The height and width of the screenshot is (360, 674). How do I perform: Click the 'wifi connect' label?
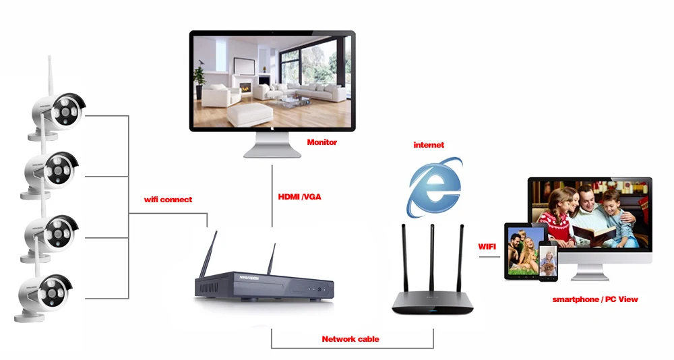[168, 200]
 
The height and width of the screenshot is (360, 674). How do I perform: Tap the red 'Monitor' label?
[321, 142]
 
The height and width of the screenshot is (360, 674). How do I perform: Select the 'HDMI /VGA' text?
[301, 197]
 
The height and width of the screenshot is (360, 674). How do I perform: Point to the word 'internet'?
[429, 145]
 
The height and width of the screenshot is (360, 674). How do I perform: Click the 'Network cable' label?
[350, 339]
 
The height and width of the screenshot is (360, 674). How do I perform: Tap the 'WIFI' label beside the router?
[487, 247]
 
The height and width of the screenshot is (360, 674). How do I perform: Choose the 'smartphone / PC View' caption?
[594, 299]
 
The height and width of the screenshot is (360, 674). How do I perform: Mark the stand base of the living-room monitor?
[272, 152]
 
